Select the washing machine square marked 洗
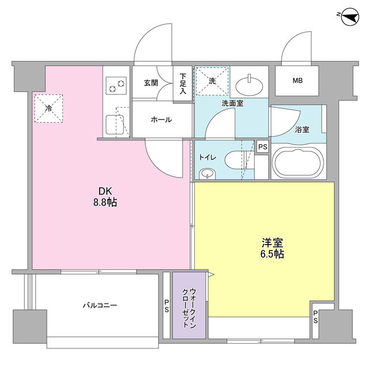[212, 81]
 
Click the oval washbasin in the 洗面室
[250, 85]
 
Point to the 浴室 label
[302, 129]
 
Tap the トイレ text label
[208, 157]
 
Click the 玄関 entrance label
[151, 82]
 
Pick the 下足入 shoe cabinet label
[183, 84]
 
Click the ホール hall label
[161, 120]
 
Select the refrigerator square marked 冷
[48, 108]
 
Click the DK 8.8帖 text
[107, 197]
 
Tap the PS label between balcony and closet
[167, 306]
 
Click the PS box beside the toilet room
[262, 147]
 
